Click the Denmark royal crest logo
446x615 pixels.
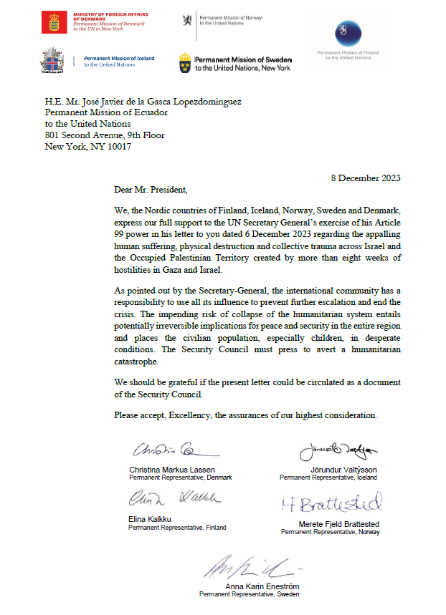pos(52,21)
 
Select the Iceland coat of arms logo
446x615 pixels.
pos(52,61)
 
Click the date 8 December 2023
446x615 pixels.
pos(366,178)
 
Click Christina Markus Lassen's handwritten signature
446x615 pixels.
pos(172,451)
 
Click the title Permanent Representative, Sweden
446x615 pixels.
pos(249,594)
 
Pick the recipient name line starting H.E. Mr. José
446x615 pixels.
pos(143,102)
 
